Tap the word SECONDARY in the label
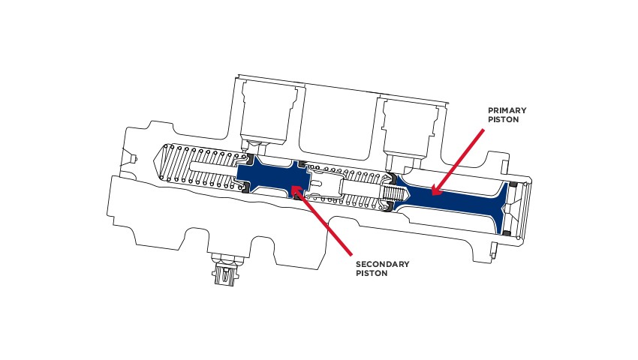pos(383,264)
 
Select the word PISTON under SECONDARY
pos(372,274)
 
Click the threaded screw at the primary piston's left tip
pos(390,197)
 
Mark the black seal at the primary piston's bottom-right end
pos(508,235)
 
